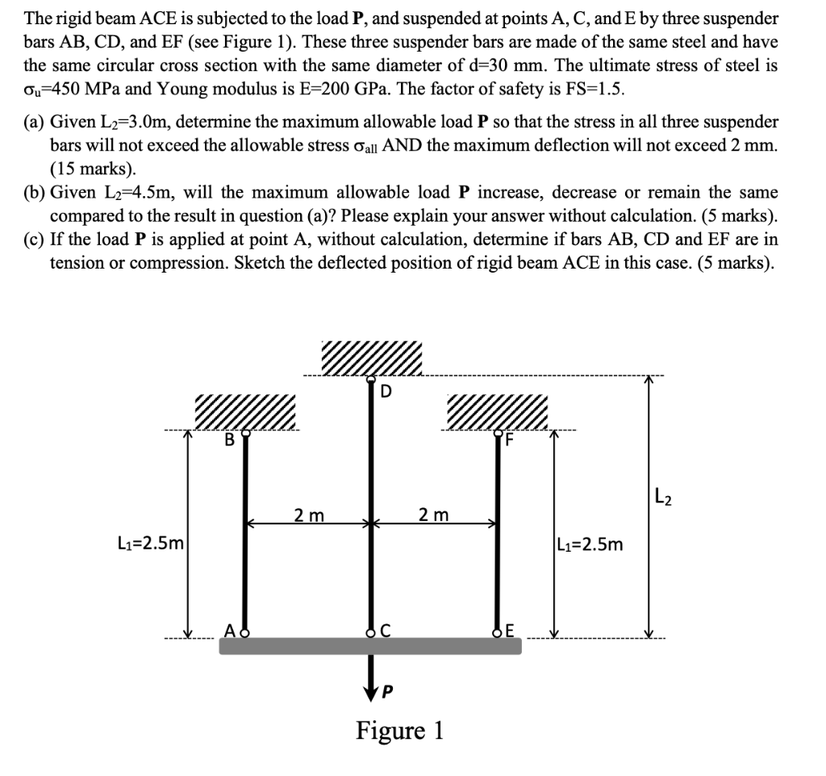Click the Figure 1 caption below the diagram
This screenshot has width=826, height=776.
tap(399, 731)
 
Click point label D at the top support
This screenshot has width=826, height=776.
tap(386, 393)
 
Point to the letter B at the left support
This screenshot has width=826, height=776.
tap(229, 440)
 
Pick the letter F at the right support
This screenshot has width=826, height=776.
tap(509, 440)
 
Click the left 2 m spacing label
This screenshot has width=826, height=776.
tap(309, 515)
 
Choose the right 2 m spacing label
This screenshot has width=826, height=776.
tap(434, 515)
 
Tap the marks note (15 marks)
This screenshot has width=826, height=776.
tap(93, 169)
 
